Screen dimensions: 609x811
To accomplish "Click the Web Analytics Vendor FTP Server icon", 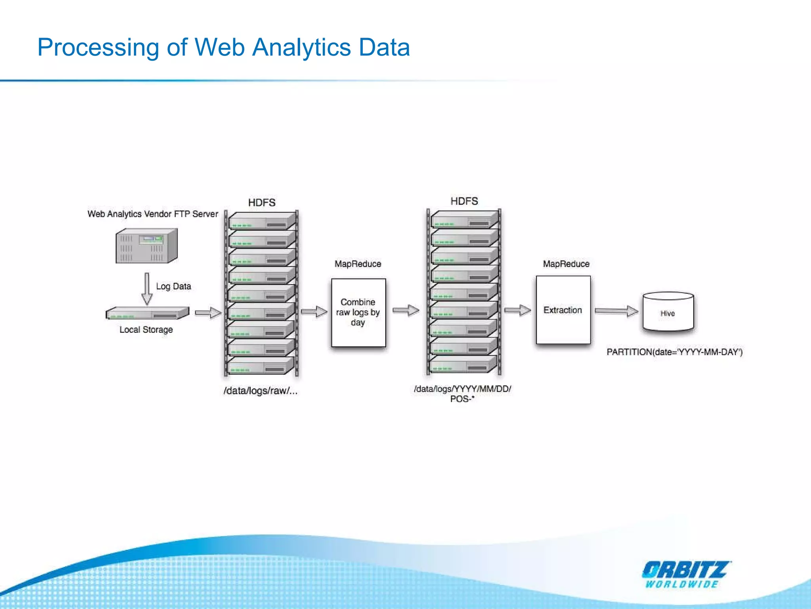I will (146, 246).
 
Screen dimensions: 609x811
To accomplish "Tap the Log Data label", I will (173, 286).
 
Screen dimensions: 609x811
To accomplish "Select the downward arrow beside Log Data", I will (147, 289).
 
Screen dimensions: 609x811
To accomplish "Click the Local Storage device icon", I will (147, 313).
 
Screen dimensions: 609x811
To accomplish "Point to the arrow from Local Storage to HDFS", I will (208, 313).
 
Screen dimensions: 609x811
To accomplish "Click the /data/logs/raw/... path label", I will (260, 391).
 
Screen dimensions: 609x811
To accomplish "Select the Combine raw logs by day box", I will (358, 312).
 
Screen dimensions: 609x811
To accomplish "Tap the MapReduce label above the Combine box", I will (358, 264).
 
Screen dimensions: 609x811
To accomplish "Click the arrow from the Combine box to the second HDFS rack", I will (406, 310).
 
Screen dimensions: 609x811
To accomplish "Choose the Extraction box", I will (563, 310).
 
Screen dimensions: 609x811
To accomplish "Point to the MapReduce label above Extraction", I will (566, 264).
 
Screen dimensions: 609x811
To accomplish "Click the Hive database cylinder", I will (668, 312).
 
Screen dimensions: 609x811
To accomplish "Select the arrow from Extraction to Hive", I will (616, 311).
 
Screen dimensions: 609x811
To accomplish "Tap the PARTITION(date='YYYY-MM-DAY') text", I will (674, 352).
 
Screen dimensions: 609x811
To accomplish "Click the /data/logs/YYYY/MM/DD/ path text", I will (462, 389).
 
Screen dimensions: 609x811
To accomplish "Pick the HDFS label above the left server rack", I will (262, 203).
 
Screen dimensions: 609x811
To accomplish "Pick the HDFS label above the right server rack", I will (464, 201).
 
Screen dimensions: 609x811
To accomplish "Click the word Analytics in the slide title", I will (301, 48).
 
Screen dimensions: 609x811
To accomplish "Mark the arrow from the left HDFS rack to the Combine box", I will (314, 312).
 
